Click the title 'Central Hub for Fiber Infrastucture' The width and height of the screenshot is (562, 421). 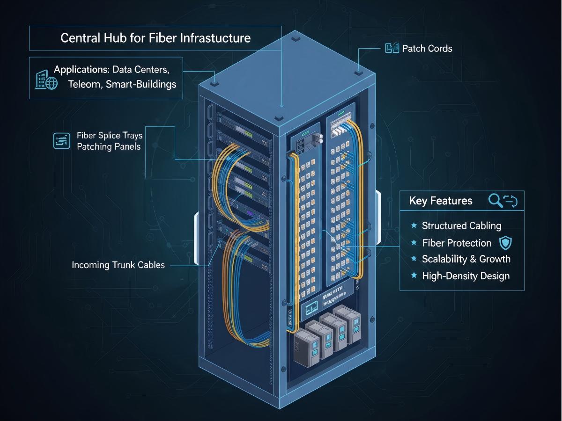coord(155,38)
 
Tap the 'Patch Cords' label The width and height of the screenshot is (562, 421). coord(427,48)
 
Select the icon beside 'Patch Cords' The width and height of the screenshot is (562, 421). coord(392,48)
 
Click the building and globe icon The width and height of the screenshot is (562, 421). coord(46,80)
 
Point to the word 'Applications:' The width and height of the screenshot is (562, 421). coord(81,70)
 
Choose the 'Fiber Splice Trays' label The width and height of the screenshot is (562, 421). coord(110,135)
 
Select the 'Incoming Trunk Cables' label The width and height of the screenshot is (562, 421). coord(118,265)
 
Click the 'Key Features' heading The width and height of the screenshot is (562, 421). coord(441,201)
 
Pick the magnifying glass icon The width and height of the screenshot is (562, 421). coord(495,201)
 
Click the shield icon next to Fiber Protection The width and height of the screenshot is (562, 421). coord(505,243)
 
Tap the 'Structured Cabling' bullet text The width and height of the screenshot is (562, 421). coord(461,226)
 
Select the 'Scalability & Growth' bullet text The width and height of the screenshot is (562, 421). coord(466,259)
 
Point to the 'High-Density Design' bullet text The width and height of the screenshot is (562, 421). coord(466,276)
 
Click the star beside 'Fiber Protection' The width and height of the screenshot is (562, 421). coord(414,243)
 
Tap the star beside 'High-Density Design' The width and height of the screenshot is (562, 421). coord(414,276)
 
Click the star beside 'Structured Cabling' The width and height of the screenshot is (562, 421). coord(414,226)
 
